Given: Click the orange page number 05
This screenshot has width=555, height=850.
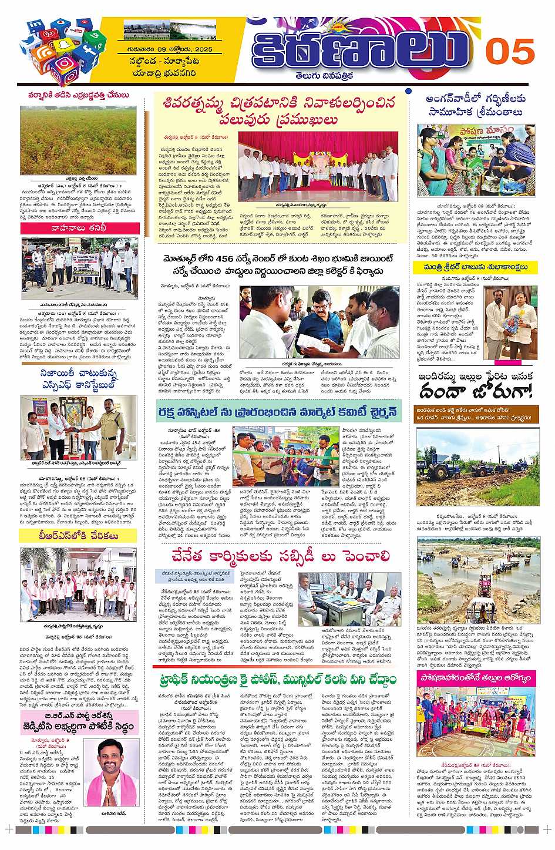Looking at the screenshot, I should pyautogui.click(x=509, y=51).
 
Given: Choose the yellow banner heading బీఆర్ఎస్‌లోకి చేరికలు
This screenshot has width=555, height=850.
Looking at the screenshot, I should pyautogui.click(x=78, y=536).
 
